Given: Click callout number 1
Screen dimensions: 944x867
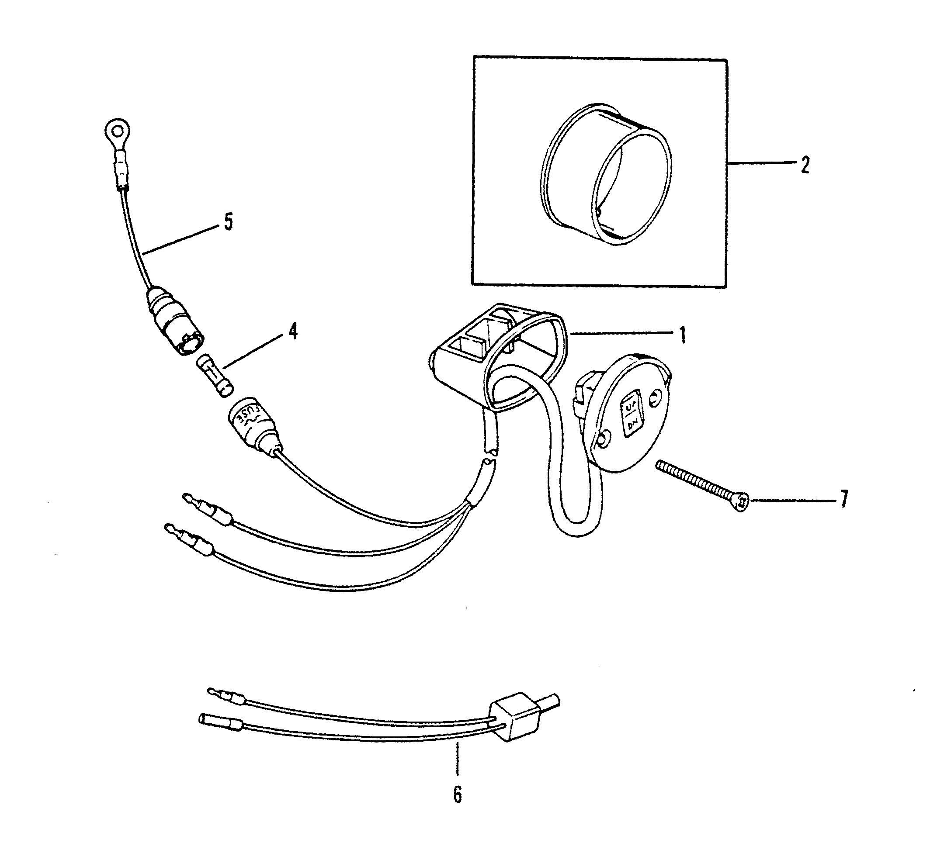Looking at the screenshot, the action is tap(683, 335).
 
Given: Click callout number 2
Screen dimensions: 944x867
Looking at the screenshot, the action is tap(805, 165).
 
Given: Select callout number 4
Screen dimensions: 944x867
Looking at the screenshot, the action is tap(293, 331).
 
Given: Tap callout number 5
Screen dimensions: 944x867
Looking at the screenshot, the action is tap(228, 222).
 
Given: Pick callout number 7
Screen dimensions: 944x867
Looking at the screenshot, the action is tap(843, 499).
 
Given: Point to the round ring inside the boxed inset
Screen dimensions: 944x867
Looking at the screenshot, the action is tap(606, 173).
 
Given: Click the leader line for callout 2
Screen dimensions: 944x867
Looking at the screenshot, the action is tap(760, 163).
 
